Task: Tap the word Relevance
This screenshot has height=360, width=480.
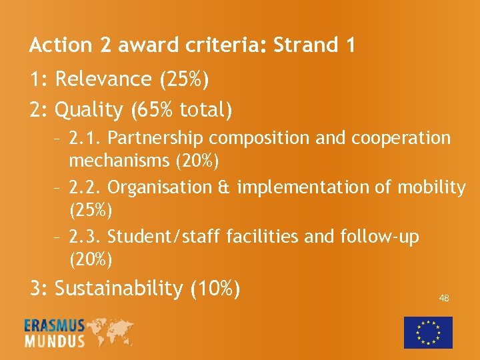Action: click(103, 79)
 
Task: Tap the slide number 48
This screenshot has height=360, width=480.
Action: click(443, 298)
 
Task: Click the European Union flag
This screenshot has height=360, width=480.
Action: click(428, 332)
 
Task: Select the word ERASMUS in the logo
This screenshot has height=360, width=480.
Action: click(54, 326)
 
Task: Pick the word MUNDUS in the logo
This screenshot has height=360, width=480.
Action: click(54, 341)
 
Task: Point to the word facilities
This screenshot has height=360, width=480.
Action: click(265, 236)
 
